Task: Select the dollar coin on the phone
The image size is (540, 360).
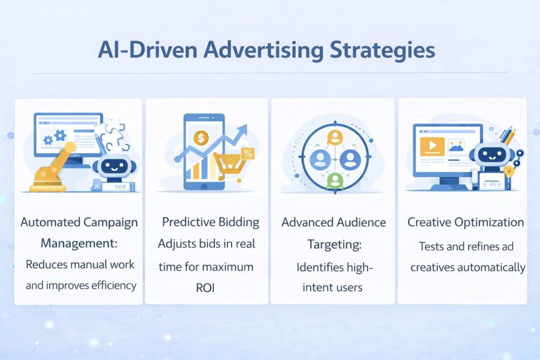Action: tap(201, 138)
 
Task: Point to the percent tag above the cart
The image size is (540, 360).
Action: tap(247, 153)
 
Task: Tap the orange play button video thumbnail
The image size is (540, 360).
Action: tap(432, 146)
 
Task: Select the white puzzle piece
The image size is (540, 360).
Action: tap(113, 136)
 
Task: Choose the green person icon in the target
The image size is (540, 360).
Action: tap(334, 181)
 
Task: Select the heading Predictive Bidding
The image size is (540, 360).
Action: tap(210, 222)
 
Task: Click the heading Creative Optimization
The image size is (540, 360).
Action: tap(466, 222)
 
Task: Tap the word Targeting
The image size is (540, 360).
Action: tap(334, 245)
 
